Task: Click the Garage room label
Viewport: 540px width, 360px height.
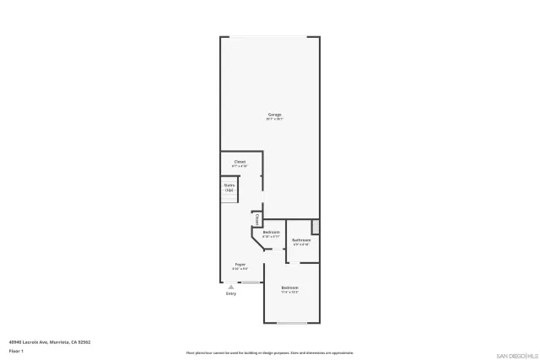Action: pos(274,115)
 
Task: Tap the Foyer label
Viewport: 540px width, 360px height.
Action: pos(240,264)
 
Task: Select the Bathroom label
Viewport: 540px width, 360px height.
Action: pos(301,240)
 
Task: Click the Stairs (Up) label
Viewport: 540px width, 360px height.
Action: pos(229,186)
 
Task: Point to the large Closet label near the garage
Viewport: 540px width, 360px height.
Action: pos(240,161)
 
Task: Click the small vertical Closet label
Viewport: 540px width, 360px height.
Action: pos(256,219)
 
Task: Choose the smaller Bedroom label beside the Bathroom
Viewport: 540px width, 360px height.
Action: pos(271,232)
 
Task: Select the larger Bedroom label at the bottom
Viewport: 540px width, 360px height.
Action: pos(290,288)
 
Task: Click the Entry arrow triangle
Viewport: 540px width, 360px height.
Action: pos(230,287)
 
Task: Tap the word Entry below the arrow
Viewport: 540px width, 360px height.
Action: pos(230,293)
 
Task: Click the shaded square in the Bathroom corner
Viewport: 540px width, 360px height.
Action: pos(316,226)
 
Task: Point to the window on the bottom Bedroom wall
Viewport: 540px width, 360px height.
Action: pos(292,324)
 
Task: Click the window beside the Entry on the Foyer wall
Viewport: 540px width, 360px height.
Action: pos(250,282)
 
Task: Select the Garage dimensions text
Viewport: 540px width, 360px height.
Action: pos(274,120)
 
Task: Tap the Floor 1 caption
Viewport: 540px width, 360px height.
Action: pos(16,350)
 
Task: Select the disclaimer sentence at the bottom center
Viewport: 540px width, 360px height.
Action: pos(269,352)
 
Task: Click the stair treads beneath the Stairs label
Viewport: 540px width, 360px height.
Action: pos(229,196)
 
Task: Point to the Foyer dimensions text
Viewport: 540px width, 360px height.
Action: pos(240,269)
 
